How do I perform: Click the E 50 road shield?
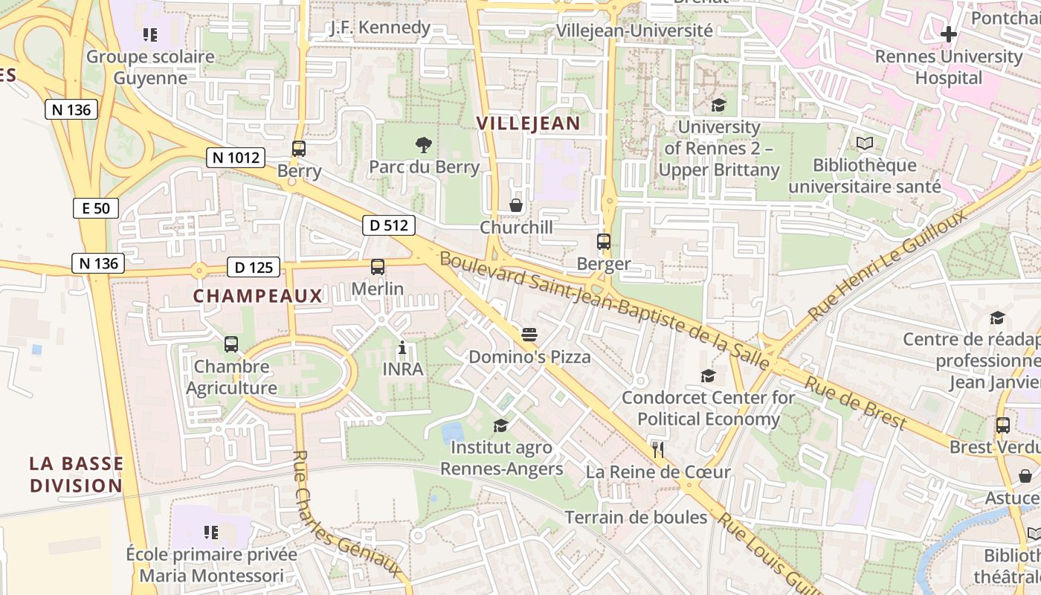[x=96, y=208]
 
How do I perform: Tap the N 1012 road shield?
[x=236, y=157]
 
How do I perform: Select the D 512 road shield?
[x=389, y=225]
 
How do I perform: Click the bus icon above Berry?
[x=299, y=149]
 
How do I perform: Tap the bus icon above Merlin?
[x=378, y=266]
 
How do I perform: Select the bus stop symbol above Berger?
[x=604, y=242]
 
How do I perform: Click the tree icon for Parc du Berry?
[x=424, y=144]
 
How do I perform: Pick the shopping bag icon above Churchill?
[x=516, y=205]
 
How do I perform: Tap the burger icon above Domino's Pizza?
[x=529, y=335]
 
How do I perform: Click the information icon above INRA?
[x=402, y=347]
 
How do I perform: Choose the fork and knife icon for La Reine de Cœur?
[x=657, y=449]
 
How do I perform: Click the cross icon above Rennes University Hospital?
[x=948, y=34]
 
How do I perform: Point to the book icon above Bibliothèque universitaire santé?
[x=865, y=143]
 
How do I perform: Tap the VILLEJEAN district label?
[x=528, y=123]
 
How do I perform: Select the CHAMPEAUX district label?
[x=258, y=296]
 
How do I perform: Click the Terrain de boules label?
[x=636, y=517]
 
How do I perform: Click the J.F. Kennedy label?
[x=381, y=28]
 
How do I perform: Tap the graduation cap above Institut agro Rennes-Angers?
[x=501, y=425]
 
